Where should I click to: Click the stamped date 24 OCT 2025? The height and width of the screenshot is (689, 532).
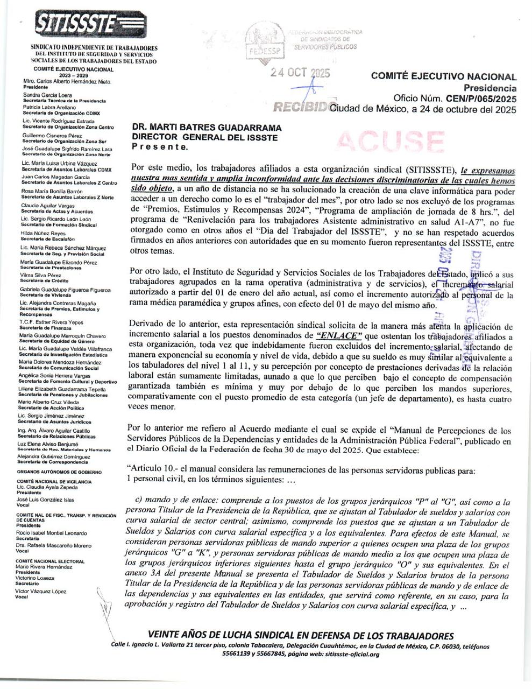[x=300, y=74]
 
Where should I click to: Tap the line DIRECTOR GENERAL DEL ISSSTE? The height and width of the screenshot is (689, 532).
[x=205, y=137]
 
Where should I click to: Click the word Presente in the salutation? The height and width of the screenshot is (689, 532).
[x=160, y=146]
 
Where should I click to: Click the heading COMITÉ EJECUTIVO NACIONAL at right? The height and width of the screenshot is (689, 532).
[x=444, y=77]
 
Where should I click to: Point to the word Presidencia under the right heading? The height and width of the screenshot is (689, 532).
[x=490, y=88]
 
